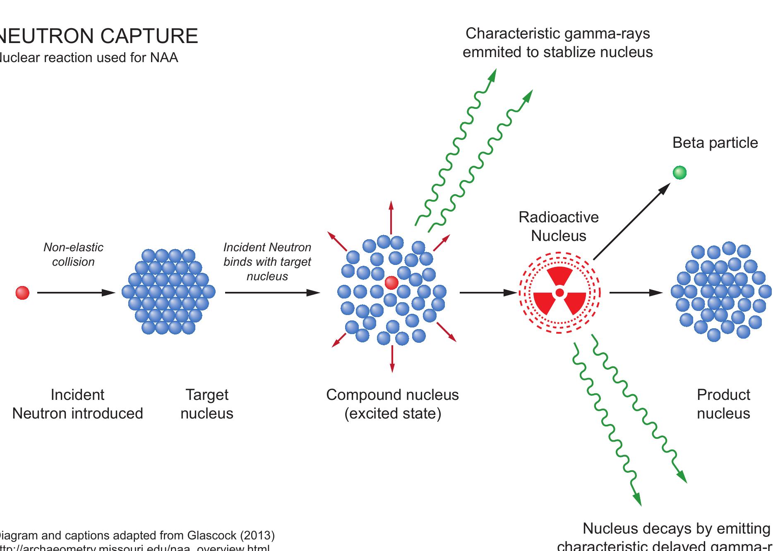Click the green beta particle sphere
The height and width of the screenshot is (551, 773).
tap(679, 172)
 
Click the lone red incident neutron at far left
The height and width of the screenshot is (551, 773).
tap(22, 293)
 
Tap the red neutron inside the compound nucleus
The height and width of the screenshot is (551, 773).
tap(391, 283)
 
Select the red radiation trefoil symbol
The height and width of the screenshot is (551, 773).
tap(559, 293)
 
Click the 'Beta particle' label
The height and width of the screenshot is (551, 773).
tap(715, 143)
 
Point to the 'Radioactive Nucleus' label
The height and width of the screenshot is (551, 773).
tap(559, 226)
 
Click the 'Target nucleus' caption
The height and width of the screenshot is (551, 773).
tap(207, 404)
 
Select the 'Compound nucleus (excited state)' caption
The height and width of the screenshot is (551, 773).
tap(392, 404)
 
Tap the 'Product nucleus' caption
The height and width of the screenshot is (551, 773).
tap(723, 404)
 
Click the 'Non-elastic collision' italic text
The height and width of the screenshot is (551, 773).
tap(73, 255)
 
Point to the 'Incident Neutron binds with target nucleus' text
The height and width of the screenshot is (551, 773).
tap(267, 262)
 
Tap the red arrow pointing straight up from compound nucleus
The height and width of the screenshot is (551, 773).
tap(391, 217)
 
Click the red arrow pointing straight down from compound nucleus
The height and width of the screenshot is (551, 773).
tap(392, 358)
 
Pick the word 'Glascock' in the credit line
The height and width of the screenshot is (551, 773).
tap(212, 535)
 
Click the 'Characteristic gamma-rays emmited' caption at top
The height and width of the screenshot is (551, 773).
tap(557, 43)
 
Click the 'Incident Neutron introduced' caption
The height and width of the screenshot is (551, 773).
tap(77, 404)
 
